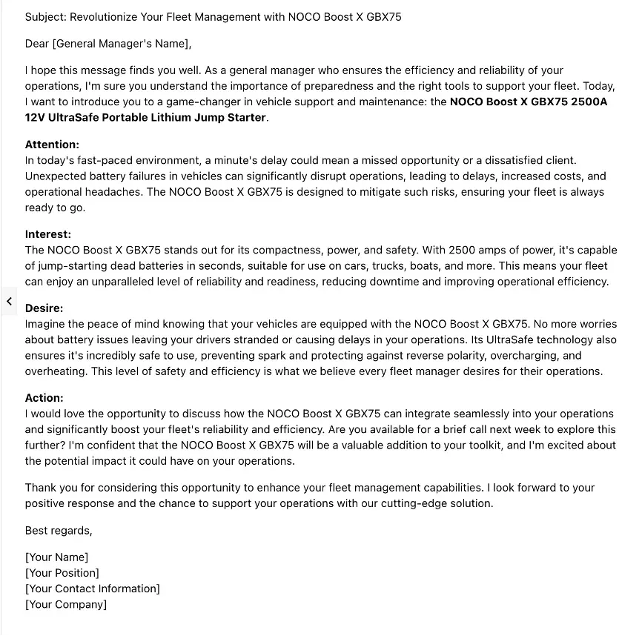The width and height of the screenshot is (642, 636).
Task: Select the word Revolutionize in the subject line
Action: pos(105,16)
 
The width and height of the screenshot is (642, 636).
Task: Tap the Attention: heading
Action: pos(52,145)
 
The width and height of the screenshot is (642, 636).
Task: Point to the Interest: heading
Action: pos(48,234)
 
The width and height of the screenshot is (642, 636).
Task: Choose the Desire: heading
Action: pos(44,308)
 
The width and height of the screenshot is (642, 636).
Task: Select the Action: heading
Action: pos(44,398)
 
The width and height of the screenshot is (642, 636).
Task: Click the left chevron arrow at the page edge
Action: pos(9,301)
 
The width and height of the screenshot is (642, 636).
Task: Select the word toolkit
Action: pos(479,445)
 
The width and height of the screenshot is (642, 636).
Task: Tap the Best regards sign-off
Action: pos(59,531)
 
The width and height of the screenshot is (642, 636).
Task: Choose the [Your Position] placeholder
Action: pos(62,573)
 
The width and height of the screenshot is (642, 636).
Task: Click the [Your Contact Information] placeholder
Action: pos(93,589)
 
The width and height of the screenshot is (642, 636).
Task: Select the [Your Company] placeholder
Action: pos(66,604)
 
